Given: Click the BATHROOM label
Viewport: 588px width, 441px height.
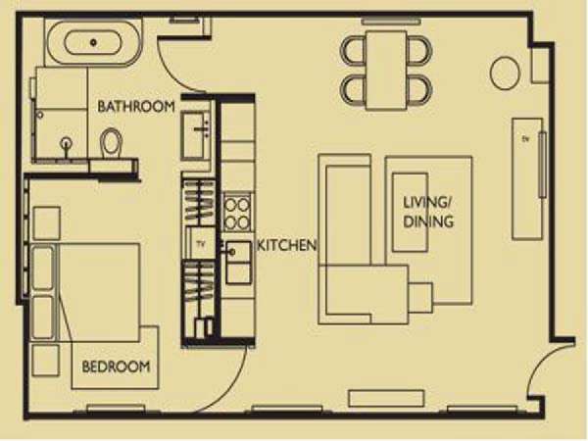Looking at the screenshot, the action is coord(136,107).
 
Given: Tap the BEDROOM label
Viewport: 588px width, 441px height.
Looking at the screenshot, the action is coord(116,367).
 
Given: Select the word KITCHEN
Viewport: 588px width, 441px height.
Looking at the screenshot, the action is coord(286,245).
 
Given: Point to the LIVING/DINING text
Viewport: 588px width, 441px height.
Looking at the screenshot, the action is coord(428,212).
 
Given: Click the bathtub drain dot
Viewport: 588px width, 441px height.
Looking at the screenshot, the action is coord(93,42).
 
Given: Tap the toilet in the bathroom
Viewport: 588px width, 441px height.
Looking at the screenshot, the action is coord(112,143).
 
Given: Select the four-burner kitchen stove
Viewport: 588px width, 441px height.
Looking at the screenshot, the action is coord(237,214).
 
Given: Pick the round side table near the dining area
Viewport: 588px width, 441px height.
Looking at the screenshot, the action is coord(505,73).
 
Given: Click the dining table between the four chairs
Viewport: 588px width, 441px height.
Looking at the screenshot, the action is coord(387,71).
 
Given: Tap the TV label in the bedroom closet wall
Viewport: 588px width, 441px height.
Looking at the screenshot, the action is coord(201,245).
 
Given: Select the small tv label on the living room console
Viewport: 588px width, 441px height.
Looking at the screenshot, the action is coord(525,139).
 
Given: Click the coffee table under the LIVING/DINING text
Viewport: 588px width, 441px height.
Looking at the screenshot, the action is coord(411,213).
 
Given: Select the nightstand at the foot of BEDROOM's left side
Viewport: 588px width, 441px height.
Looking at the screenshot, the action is coord(45,361).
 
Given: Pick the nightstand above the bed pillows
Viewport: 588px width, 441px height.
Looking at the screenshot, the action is coord(46,223).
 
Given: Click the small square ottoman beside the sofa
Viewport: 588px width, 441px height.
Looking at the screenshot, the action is coord(420,298).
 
